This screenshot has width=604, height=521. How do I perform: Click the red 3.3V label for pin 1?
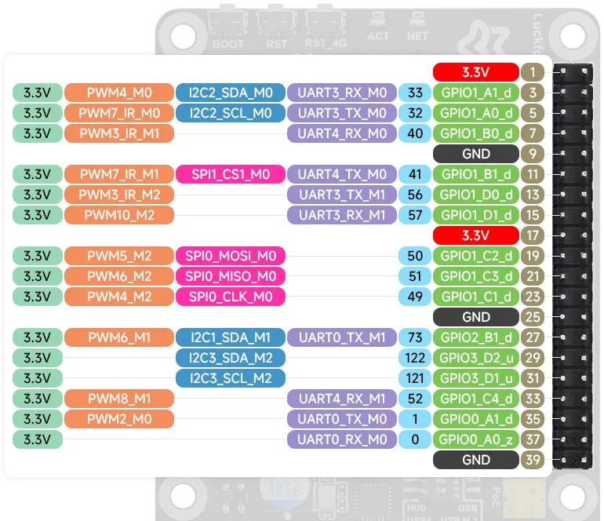pyautogui.click(x=475, y=72)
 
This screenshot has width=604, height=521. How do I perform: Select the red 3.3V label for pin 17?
pyautogui.click(x=475, y=235)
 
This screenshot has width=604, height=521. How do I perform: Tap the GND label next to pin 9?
pyautogui.click(x=475, y=154)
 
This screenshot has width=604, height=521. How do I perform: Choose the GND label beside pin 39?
pyautogui.click(x=475, y=460)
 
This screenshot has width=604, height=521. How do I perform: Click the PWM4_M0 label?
pyautogui.click(x=119, y=93)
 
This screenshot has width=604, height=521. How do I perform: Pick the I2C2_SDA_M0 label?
pyautogui.click(x=231, y=93)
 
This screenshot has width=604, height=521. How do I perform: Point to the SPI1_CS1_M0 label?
pyautogui.click(x=231, y=174)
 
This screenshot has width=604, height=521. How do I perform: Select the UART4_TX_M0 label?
pyautogui.click(x=342, y=174)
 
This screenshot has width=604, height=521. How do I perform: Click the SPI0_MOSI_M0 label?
pyautogui.click(x=231, y=257)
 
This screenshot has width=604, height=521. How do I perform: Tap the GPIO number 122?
pyautogui.click(x=415, y=358)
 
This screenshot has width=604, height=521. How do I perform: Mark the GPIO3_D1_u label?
pyautogui.click(x=475, y=378)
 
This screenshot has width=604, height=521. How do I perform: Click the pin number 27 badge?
pyautogui.click(x=533, y=337)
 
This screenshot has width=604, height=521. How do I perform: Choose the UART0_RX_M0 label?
pyautogui.click(x=342, y=439)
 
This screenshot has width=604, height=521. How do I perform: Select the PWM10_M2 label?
pyautogui.click(x=119, y=215)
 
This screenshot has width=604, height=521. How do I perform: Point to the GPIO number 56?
pyautogui.click(x=415, y=195)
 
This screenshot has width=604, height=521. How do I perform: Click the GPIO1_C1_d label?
pyautogui.click(x=475, y=297)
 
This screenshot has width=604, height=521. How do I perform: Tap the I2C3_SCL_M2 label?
pyautogui.click(x=231, y=378)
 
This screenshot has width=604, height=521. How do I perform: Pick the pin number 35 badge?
pyautogui.click(x=533, y=419)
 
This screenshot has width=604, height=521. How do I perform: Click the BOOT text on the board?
pyautogui.click(x=228, y=44)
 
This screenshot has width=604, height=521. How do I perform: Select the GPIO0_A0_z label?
pyautogui.click(x=475, y=439)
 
